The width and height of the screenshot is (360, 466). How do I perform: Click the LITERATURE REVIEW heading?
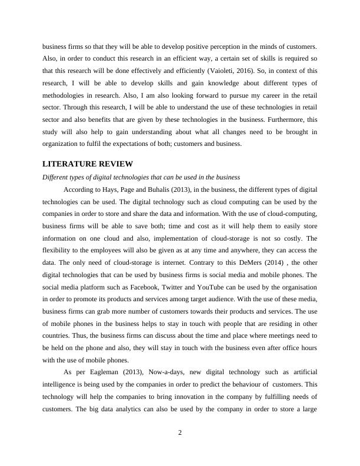click(87, 164)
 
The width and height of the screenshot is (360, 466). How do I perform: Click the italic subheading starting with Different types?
click(139, 177)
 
